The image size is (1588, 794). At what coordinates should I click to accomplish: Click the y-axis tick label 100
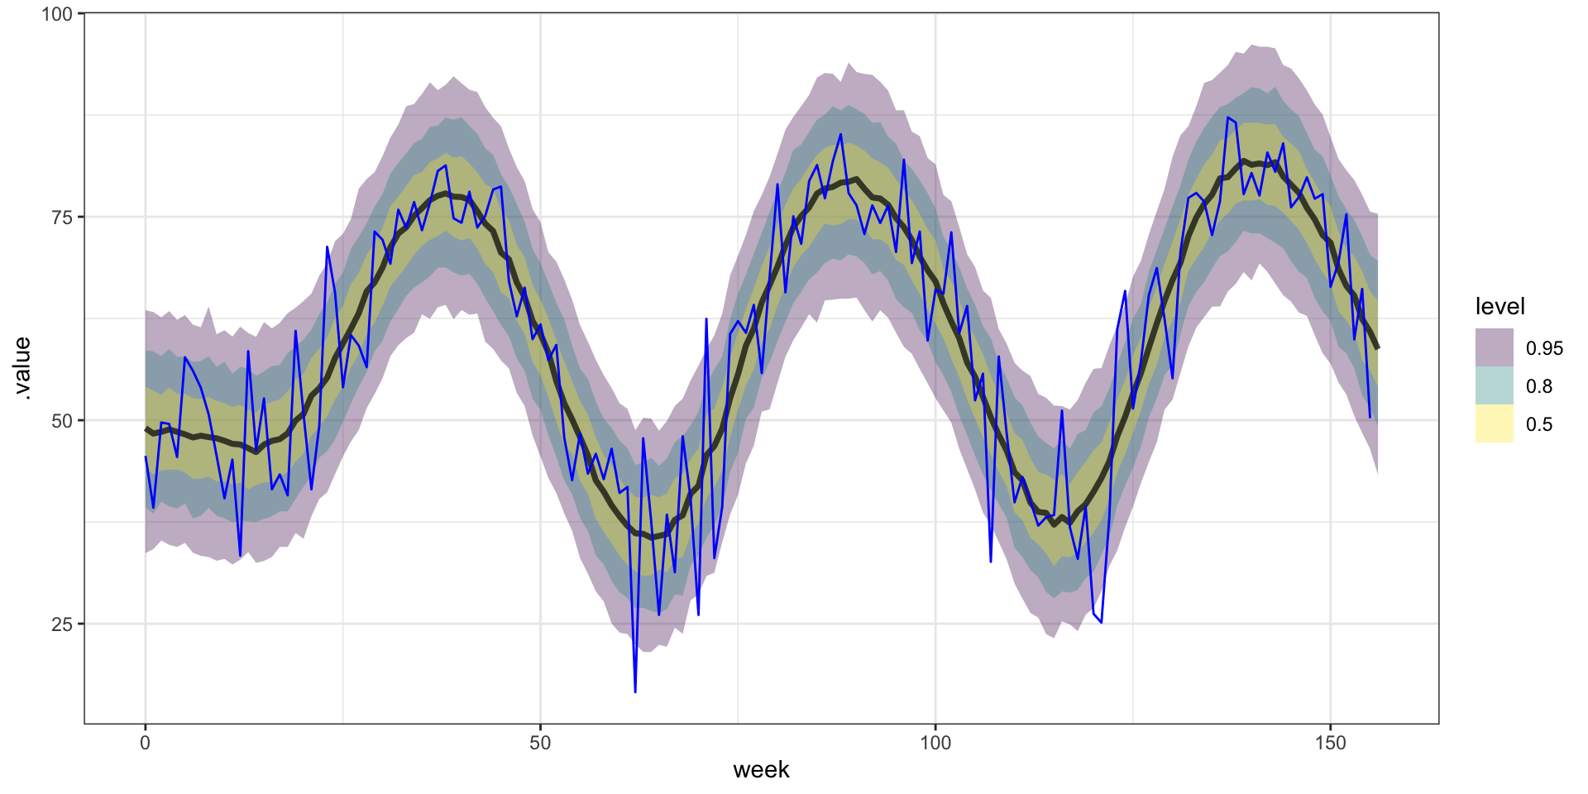(x=56, y=14)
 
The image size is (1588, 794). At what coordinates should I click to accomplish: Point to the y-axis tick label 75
(x=62, y=218)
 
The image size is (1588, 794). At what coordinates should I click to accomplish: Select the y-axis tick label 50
(x=62, y=421)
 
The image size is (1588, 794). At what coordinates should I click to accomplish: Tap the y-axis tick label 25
(x=62, y=624)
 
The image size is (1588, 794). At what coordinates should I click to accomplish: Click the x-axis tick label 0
(x=146, y=743)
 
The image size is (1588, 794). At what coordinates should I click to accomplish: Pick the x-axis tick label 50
(x=540, y=743)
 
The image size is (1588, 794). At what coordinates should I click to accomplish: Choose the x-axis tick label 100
(x=935, y=743)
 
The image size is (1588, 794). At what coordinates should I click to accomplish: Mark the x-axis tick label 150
(x=1330, y=743)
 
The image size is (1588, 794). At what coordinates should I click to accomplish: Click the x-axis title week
(x=761, y=770)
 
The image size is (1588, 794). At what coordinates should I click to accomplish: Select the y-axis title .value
(x=22, y=369)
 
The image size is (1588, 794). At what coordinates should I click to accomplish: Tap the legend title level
(x=1500, y=307)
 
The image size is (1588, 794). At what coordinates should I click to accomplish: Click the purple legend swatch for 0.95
(x=1494, y=348)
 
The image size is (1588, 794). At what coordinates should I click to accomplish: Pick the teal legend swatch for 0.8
(x=1494, y=386)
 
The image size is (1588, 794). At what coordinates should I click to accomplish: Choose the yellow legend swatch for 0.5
(x=1494, y=424)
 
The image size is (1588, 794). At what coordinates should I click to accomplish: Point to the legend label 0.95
(x=1544, y=348)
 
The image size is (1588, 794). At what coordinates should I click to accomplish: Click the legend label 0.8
(x=1539, y=386)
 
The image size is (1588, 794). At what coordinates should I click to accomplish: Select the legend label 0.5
(x=1539, y=424)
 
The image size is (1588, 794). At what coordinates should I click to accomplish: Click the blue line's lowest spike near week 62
(x=635, y=691)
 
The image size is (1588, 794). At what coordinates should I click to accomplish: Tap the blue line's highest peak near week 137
(x=1227, y=117)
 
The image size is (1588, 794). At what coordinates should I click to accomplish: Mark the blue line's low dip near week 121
(x=1101, y=622)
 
